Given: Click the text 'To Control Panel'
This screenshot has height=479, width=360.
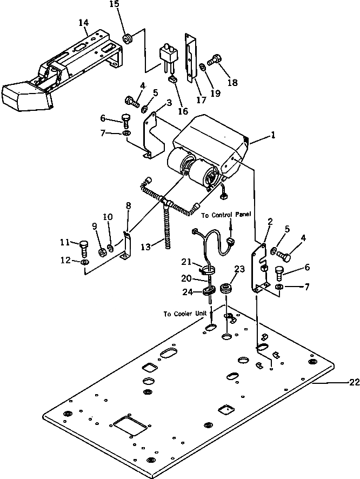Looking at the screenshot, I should click(x=226, y=215).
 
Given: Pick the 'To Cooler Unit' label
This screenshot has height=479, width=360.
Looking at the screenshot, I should click(x=184, y=314).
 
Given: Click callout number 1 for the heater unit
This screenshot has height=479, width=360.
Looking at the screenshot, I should click(x=274, y=136).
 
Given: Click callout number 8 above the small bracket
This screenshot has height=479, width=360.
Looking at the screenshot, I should click(x=128, y=205).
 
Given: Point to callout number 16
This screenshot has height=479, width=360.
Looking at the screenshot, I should click(x=183, y=111).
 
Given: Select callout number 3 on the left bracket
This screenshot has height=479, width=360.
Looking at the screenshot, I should click(x=154, y=102).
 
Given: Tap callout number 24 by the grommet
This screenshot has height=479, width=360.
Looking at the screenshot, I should click(x=188, y=292).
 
